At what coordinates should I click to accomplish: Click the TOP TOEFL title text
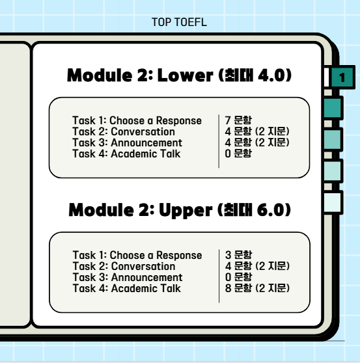coord(179,23)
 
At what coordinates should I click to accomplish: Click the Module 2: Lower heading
coord(179,75)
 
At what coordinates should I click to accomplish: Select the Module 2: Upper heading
coord(180,210)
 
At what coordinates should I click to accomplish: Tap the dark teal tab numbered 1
coord(342,77)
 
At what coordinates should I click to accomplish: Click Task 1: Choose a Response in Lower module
coord(137,120)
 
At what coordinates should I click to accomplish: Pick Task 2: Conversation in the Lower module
coord(124,131)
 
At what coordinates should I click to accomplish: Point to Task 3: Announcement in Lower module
coord(127,142)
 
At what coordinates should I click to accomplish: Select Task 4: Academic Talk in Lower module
coord(126,154)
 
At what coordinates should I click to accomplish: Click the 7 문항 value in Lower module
coord(238,120)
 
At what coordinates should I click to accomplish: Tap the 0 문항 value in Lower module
coord(238,154)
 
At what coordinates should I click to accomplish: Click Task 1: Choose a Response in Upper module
coord(137,256)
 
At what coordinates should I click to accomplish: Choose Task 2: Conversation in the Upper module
coord(124,267)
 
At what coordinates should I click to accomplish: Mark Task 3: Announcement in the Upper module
coord(128,277)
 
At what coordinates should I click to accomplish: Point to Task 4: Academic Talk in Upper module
coord(127,288)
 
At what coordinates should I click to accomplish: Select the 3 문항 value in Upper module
coord(238,255)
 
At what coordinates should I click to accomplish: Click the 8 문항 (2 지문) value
coord(257,288)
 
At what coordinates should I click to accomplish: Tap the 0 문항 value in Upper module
coord(238,277)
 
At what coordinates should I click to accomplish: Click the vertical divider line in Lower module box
coord(219,141)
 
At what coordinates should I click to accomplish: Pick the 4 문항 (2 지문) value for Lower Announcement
coord(257,142)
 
